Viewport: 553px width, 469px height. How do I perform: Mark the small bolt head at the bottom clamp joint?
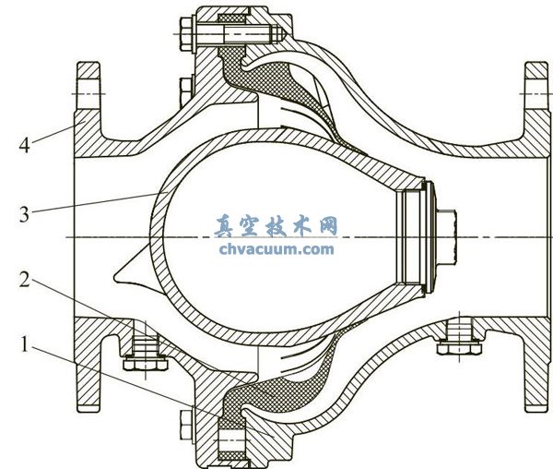(x=183, y=423)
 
